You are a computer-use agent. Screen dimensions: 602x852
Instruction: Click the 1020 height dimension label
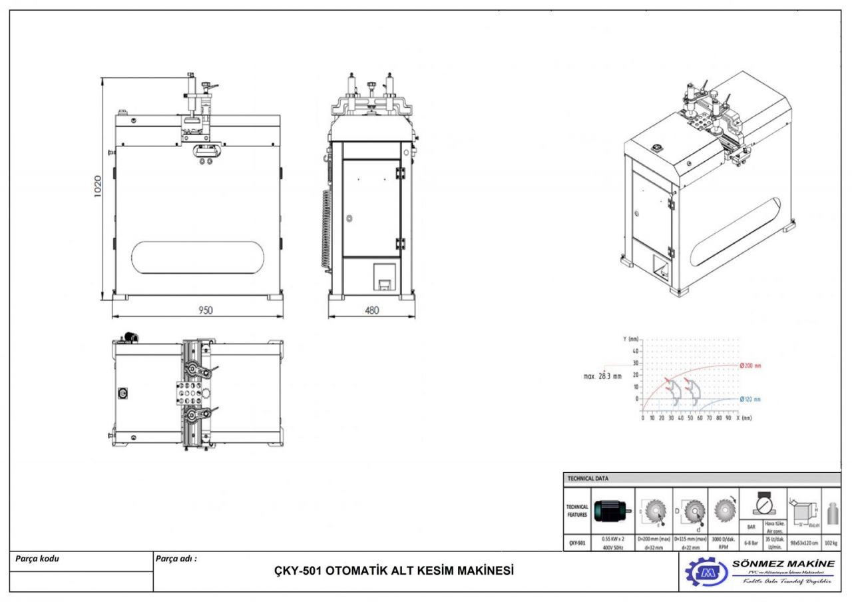coord(97,188)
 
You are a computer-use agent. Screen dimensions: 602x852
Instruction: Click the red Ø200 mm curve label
coord(750,366)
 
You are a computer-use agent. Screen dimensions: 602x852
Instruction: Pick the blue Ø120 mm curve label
coord(750,399)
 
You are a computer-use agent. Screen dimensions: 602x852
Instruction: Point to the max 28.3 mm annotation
coord(602,376)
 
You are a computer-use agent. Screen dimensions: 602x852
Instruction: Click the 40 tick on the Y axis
coord(635,351)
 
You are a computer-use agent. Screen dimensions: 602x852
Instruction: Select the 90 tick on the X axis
coord(729,418)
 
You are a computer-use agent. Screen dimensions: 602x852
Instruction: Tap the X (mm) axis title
coord(744,418)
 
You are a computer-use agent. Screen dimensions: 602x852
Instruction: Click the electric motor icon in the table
coord(612,511)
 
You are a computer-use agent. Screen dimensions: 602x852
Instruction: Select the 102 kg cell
coord(831,543)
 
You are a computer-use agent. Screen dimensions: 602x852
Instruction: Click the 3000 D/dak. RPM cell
coord(724,543)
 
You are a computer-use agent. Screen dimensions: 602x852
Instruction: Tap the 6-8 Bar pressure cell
coord(750,543)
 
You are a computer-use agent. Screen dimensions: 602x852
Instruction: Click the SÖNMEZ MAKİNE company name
coord(783,563)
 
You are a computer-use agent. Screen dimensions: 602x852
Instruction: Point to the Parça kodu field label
coord(37,559)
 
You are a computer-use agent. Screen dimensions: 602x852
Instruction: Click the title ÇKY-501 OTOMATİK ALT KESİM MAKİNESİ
coord(394,571)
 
